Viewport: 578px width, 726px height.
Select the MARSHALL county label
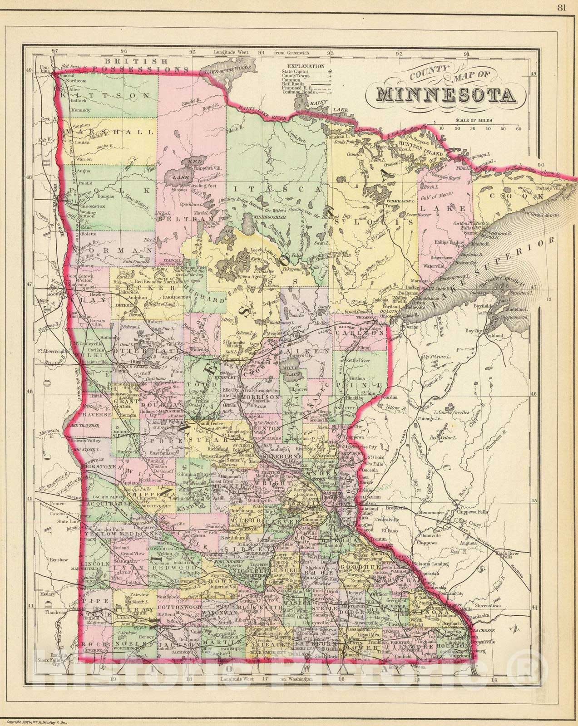(x=110, y=132)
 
